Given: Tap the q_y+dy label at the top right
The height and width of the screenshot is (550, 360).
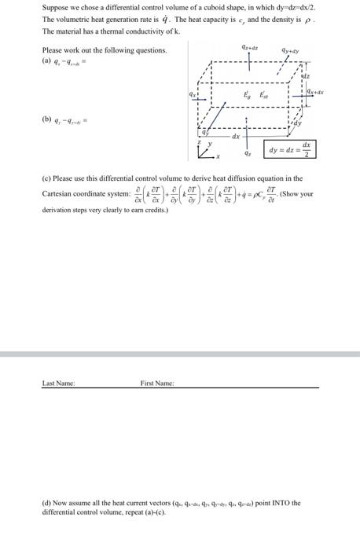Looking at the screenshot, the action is tap(302, 52).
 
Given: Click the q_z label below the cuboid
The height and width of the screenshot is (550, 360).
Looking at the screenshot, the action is tap(249, 154).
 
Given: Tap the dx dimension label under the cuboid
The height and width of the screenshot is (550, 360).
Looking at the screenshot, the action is tap(235, 137).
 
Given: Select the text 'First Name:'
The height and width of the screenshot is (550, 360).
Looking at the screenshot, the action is tap(157, 383).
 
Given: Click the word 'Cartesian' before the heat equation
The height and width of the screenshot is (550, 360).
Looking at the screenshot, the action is tap(61, 193).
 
